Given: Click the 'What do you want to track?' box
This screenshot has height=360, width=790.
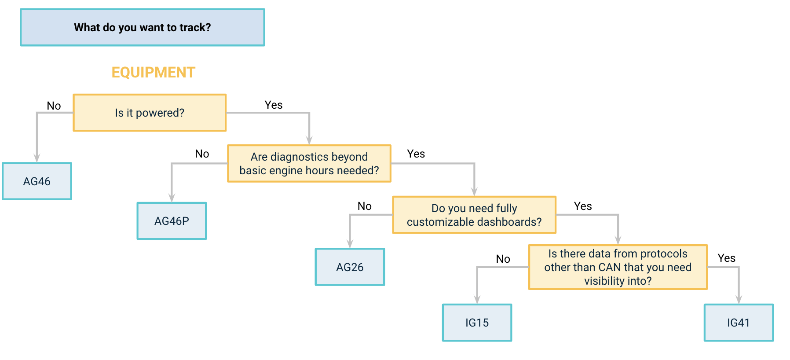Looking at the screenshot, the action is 143,27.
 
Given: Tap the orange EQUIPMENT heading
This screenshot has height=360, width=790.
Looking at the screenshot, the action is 153,72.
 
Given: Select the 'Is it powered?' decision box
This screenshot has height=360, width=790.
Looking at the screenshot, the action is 150,113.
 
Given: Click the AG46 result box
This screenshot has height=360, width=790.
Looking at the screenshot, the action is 37,181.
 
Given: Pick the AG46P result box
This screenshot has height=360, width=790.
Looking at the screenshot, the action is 172,221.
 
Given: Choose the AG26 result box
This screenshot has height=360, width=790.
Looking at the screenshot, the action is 350,267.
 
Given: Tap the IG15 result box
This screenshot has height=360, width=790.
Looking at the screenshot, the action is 477,323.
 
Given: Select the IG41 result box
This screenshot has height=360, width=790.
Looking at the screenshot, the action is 739,323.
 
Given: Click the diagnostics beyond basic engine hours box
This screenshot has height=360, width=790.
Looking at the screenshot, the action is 309,164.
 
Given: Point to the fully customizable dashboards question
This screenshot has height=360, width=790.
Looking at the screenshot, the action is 474,215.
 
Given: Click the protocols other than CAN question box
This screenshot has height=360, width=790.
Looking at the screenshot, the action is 618,267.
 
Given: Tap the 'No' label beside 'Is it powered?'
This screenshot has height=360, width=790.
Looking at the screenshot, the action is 54,106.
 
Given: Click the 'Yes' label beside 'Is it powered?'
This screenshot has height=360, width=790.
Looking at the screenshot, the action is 274,105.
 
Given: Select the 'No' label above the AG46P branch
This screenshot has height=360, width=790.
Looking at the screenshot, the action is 202,154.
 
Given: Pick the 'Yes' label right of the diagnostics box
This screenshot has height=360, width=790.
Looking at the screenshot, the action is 416,154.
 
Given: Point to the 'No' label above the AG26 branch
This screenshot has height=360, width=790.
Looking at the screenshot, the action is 364,206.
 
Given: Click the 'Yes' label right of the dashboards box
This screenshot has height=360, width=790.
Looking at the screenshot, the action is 583,206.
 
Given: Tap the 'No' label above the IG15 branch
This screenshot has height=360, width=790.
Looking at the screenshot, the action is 503,259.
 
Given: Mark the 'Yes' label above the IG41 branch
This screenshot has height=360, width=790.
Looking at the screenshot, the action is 726,258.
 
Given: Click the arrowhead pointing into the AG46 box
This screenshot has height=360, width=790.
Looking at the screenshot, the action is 37,158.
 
